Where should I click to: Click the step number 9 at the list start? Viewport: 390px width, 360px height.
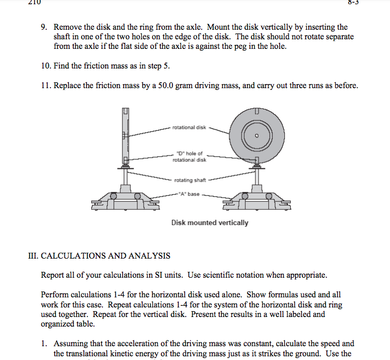pyautogui.click(x=44, y=27)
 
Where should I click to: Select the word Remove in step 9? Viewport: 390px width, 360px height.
pyautogui.click(x=68, y=27)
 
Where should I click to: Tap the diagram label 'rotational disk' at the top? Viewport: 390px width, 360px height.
pyautogui.click(x=189, y=127)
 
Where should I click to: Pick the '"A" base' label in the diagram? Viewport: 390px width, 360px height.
pyautogui.click(x=189, y=194)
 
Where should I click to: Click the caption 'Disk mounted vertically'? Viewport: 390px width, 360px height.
pyautogui.click(x=210, y=222)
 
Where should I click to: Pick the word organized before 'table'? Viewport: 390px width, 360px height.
pyautogui.click(x=59, y=323)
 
